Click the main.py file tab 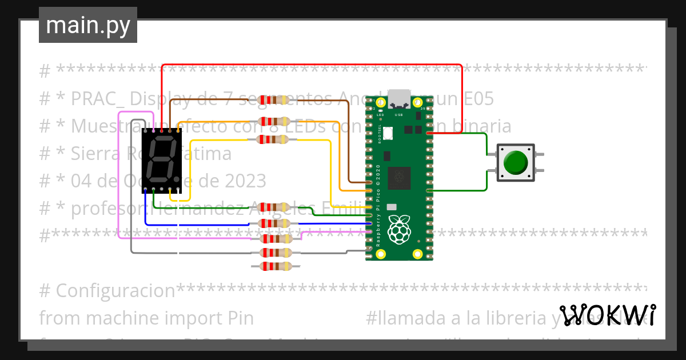click(88, 26)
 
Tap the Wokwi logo click(607, 315)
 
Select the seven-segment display click(162, 159)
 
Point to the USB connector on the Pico click(399, 98)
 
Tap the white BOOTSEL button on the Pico click(388, 133)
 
